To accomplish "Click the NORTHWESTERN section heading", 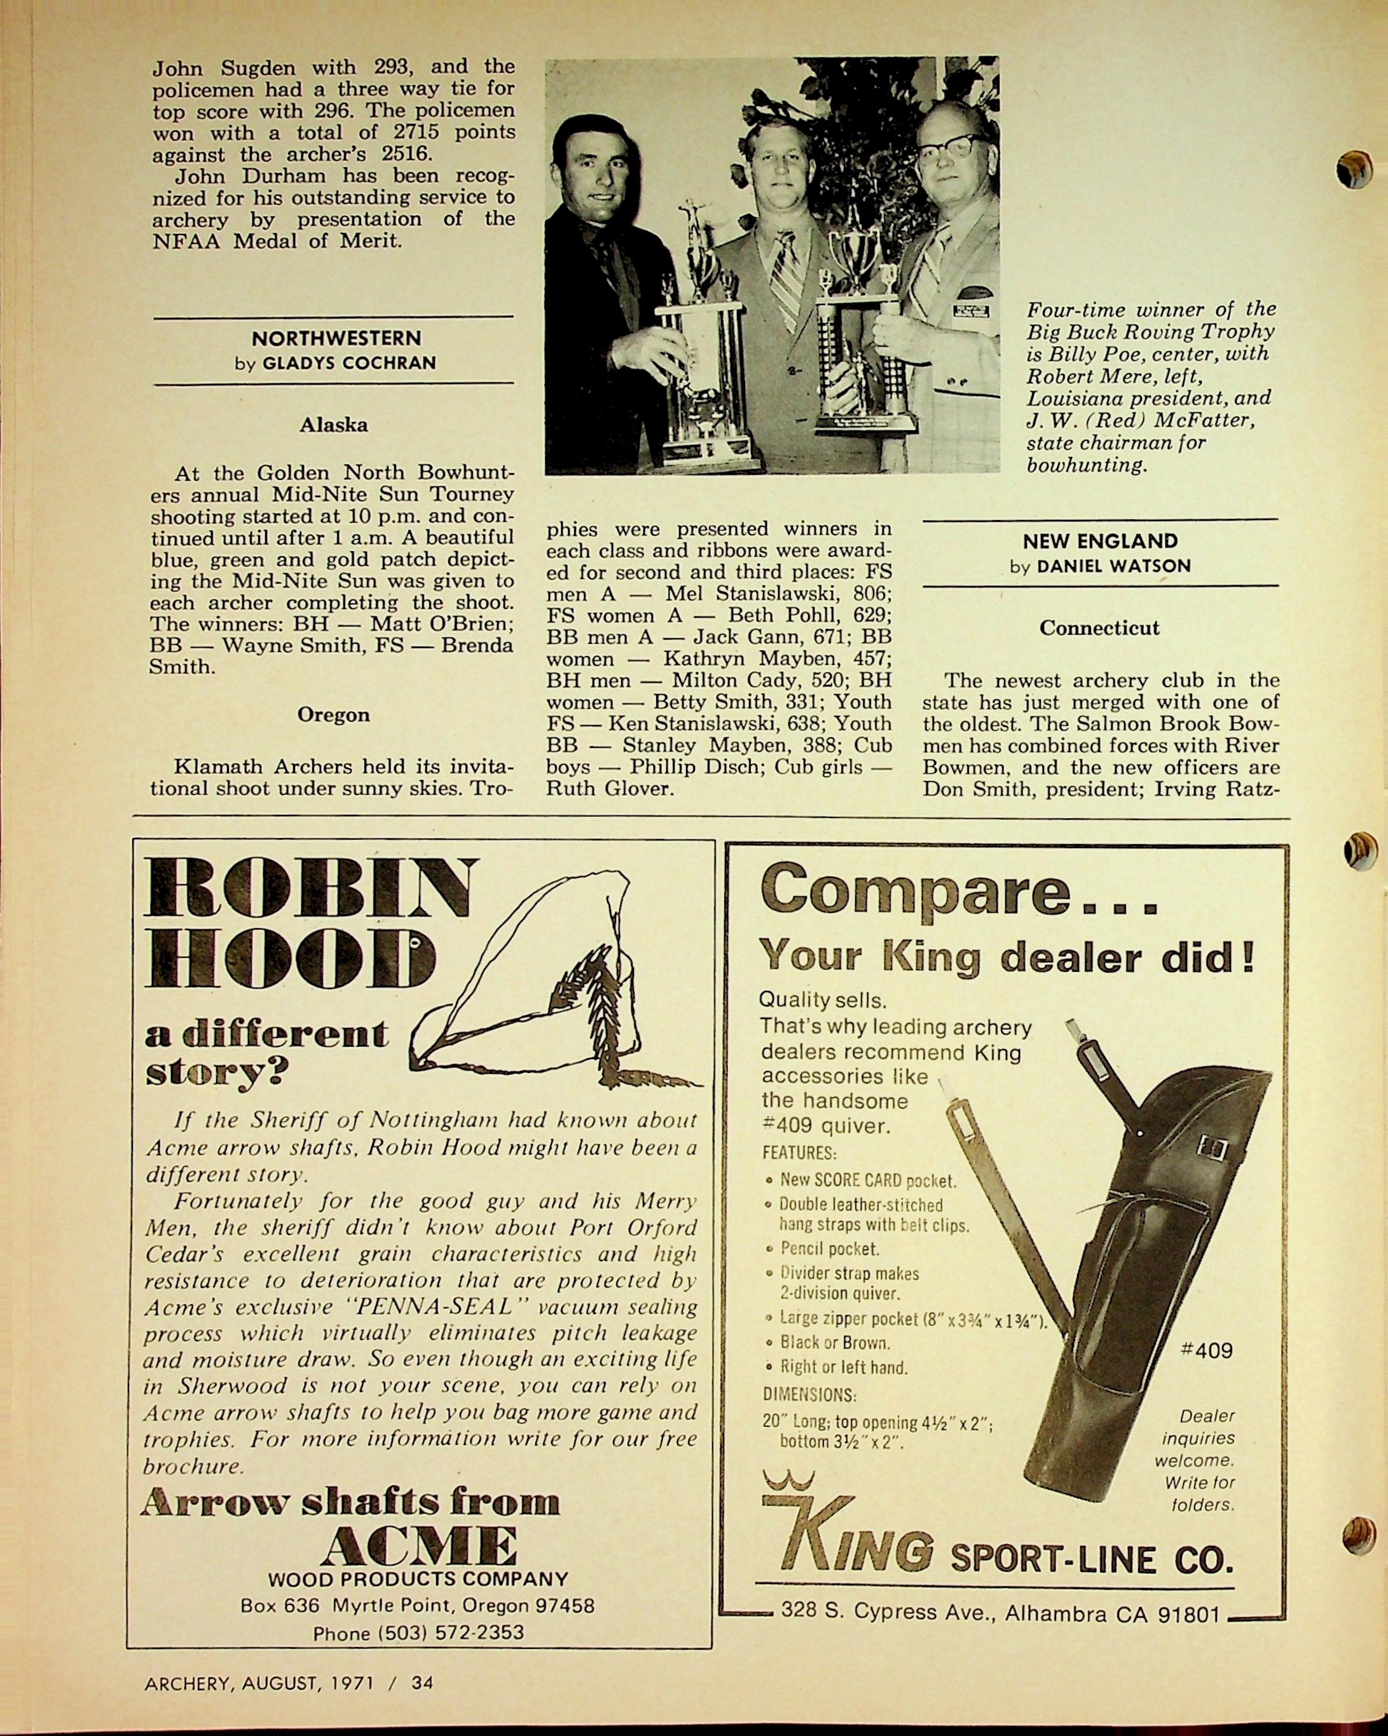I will point(335,338).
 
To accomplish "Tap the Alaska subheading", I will point(334,425).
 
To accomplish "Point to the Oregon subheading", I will point(334,715).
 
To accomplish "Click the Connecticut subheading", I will point(1099,628).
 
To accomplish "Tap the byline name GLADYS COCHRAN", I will point(349,363).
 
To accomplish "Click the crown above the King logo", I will point(788,1479).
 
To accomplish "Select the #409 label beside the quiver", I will point(1206,1350).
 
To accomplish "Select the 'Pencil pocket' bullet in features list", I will point(830,1249).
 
